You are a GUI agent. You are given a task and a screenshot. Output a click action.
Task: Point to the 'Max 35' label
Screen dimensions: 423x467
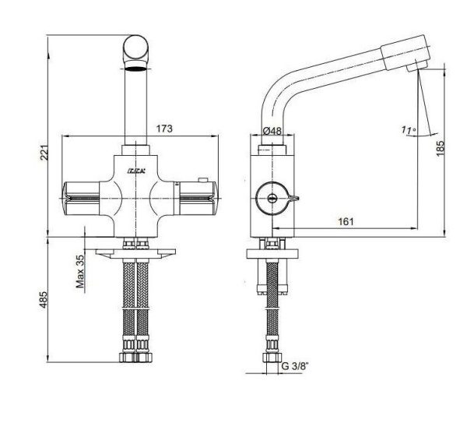79,270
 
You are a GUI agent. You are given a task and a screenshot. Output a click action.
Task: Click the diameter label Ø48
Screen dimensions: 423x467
272,131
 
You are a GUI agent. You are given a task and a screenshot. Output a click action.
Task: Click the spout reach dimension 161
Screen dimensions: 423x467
346,221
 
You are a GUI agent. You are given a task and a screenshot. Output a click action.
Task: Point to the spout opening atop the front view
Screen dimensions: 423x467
137,69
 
